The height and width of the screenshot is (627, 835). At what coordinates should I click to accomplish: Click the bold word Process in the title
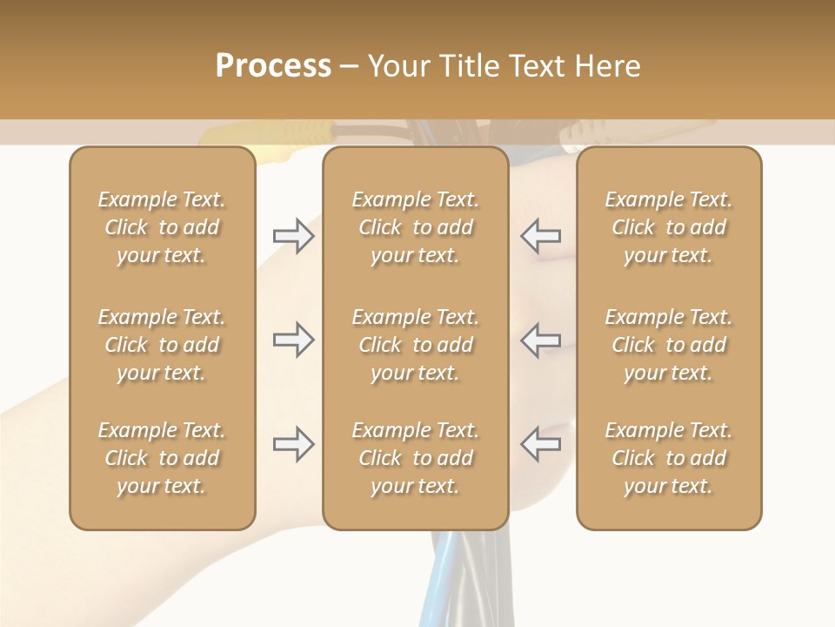pos(273,66)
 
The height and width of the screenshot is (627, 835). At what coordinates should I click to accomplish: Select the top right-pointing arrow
pos(294,236)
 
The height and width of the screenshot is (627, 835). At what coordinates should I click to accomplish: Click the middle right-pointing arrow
pos(294,340)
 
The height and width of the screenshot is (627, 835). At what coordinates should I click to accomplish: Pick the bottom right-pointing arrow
pos(294,444)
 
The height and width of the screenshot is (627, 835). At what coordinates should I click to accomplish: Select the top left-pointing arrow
pos(541,236)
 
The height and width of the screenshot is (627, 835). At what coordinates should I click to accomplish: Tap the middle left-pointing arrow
pos(541,340)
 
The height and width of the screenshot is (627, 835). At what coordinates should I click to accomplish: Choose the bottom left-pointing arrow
pos(541,444)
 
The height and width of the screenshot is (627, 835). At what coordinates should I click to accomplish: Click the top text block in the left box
pos(162,227)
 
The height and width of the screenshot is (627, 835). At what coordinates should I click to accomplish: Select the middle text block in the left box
pos(162,345)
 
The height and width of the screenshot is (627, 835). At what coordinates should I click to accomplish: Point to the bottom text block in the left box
pos(162,458)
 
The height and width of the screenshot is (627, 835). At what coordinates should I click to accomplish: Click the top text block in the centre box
pos(415,227)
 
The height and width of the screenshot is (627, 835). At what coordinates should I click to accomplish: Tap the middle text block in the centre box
pos(415,345)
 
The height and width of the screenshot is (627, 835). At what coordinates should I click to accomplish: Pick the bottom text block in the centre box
pos(415,458)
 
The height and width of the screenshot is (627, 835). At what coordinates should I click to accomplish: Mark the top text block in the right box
pos(668,227)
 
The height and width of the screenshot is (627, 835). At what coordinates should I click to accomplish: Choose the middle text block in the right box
pos(668,345)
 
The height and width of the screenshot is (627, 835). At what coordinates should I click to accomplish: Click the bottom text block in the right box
pos(668,458)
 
